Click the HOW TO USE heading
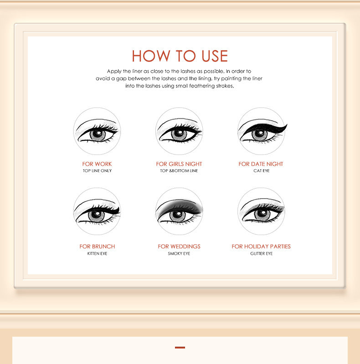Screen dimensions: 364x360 [180, 56]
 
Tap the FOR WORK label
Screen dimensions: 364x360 [97, 164]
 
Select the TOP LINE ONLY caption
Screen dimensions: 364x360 [97, 171]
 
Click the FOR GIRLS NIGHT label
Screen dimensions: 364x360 [179, 164]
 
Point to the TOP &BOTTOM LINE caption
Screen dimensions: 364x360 [179, 171]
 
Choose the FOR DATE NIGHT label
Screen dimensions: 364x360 [261, 164]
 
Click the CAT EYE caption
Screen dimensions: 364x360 [262, 171]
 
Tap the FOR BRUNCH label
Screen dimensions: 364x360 [97, 246]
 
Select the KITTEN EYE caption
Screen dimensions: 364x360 [97, 253]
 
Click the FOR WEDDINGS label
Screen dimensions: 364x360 [179, 246]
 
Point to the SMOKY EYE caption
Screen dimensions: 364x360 [179, 253]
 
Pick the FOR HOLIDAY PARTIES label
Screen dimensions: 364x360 [261, 246]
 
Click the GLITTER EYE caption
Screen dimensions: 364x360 [262, 253]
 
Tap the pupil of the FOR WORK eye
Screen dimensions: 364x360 [97, 134]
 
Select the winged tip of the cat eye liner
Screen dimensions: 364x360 [285, 125]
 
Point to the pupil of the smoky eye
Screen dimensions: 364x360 [178, 215]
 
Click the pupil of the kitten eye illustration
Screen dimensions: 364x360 [97, 215]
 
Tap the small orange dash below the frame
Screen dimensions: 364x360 [180, 348]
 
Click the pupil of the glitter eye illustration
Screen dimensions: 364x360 [262, 215]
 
